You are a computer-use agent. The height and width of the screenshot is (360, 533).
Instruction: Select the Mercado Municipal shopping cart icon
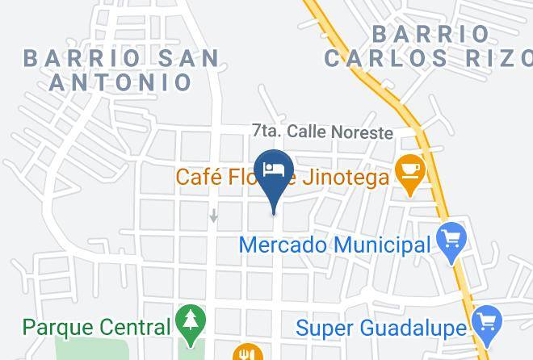[x=451, y=239]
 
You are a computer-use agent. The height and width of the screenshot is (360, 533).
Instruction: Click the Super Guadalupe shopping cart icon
[x=487, y=323]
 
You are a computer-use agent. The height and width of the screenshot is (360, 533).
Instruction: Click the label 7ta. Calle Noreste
[x=322, y=132]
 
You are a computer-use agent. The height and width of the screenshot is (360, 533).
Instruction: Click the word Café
[x=199, y=177]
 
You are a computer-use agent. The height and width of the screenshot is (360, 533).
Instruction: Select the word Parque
[x=53, y=328]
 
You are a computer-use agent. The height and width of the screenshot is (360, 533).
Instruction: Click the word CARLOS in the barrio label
[x=384, y=58]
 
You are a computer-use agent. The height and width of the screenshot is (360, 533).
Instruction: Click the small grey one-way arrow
[x=214, y=216]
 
